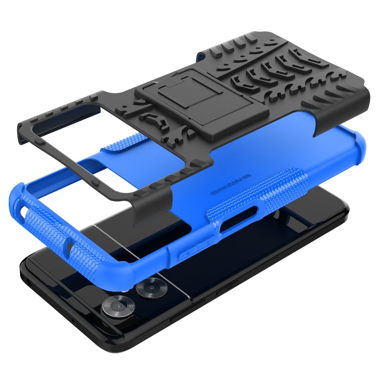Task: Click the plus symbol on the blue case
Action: coord(188,252)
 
